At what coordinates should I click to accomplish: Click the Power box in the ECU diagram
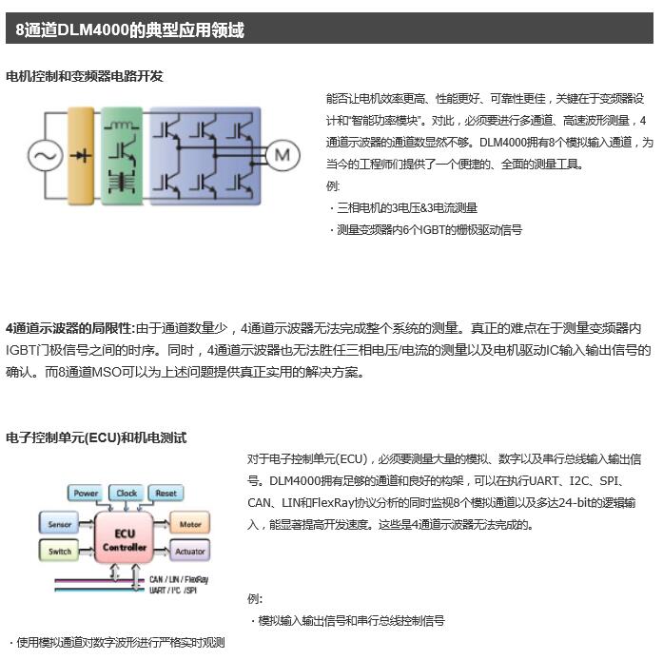tap(87, 494)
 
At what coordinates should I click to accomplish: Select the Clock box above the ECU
tap(127, 494)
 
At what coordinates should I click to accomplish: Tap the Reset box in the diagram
tap(166, 494)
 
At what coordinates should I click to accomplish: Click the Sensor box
tap(59, 524)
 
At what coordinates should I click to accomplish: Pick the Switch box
tap(59, 551)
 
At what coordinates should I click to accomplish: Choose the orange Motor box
tap(188, 524)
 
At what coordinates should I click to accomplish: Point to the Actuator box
tap(189, 551)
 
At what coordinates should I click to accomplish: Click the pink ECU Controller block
tap(124, 540)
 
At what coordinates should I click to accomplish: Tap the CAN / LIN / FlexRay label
tap(179, 578)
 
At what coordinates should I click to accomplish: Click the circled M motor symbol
tap(282, 154)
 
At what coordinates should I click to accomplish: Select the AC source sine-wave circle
tap(44, 154)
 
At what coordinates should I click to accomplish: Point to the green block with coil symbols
tap(121, 154)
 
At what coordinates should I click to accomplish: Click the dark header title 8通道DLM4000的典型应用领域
tap(130, 30)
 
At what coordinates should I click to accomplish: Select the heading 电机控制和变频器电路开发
tap(85, 76)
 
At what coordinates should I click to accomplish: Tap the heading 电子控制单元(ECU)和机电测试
tap(96, 437)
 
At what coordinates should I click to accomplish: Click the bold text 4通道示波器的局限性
tap(70, 327)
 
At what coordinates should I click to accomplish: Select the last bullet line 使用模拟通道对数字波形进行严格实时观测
tap(116, 643)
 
